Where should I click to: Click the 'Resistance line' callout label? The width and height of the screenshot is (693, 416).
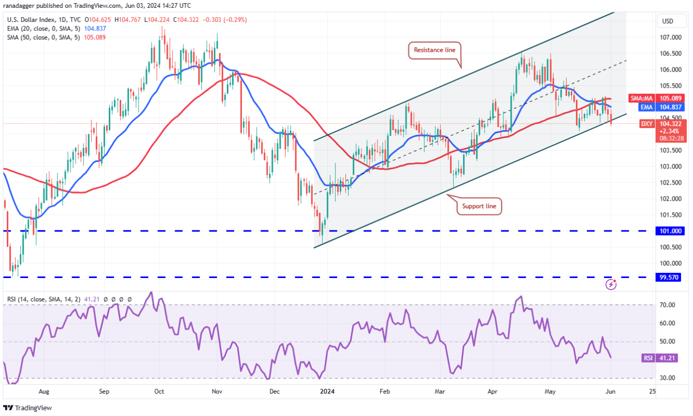point(435,50)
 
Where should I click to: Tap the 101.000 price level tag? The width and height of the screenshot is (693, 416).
point(671,231)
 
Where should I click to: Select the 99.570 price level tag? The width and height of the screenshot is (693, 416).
point(671,278)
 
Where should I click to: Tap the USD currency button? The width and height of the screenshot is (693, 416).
point(668,21)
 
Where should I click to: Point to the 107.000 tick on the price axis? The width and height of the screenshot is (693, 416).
point(670,37)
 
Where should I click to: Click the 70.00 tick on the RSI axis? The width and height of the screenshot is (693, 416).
point(668,305)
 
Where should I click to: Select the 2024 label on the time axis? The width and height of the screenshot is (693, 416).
point(327,392)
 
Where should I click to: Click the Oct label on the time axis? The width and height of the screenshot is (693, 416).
point(160,392)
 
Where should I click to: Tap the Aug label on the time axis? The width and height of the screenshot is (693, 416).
point(44,392)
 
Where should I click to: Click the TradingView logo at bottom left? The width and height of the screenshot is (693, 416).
point(30,408)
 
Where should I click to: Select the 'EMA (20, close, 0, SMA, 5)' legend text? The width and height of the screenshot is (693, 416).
point(44,29)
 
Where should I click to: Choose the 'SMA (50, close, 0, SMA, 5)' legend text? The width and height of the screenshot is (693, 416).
point(44,37)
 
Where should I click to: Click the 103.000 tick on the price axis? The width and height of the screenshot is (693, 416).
point(670,167)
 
